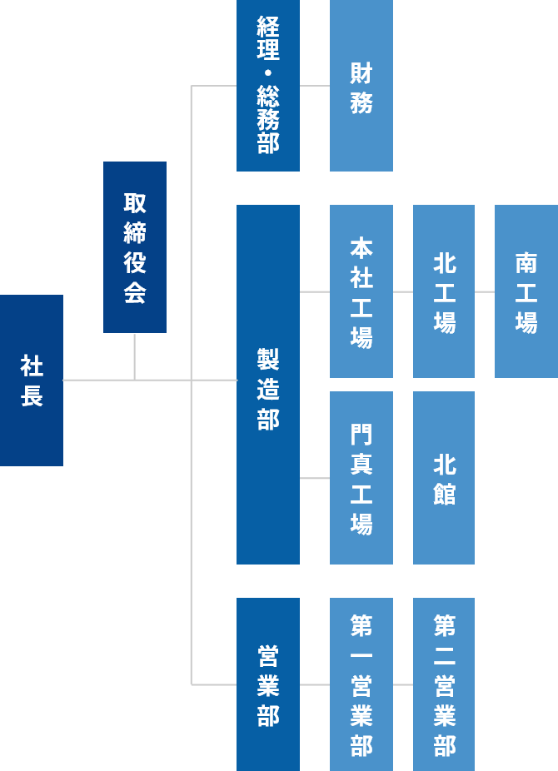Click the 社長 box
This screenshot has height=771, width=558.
32,380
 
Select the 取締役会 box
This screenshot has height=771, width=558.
135,247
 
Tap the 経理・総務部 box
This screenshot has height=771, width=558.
268,85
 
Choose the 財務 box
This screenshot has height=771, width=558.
361,85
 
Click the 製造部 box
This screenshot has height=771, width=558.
268,385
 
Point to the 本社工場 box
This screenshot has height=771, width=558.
361,291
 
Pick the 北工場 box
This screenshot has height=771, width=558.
444,291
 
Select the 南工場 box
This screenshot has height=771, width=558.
526,291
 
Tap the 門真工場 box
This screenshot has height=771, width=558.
361,478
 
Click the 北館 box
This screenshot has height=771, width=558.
444,478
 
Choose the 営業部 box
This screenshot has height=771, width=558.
268,684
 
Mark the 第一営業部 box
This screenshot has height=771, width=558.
361,684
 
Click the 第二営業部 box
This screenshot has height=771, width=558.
444,684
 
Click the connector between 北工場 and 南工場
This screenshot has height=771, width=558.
485,291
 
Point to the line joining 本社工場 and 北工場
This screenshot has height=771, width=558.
403,291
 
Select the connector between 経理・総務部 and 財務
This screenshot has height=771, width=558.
315,85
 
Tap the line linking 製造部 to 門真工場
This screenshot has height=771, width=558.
315,478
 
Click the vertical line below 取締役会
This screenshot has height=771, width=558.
134,356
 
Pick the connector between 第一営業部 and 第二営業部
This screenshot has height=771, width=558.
403,684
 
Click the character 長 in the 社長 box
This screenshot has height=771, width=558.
32,395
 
